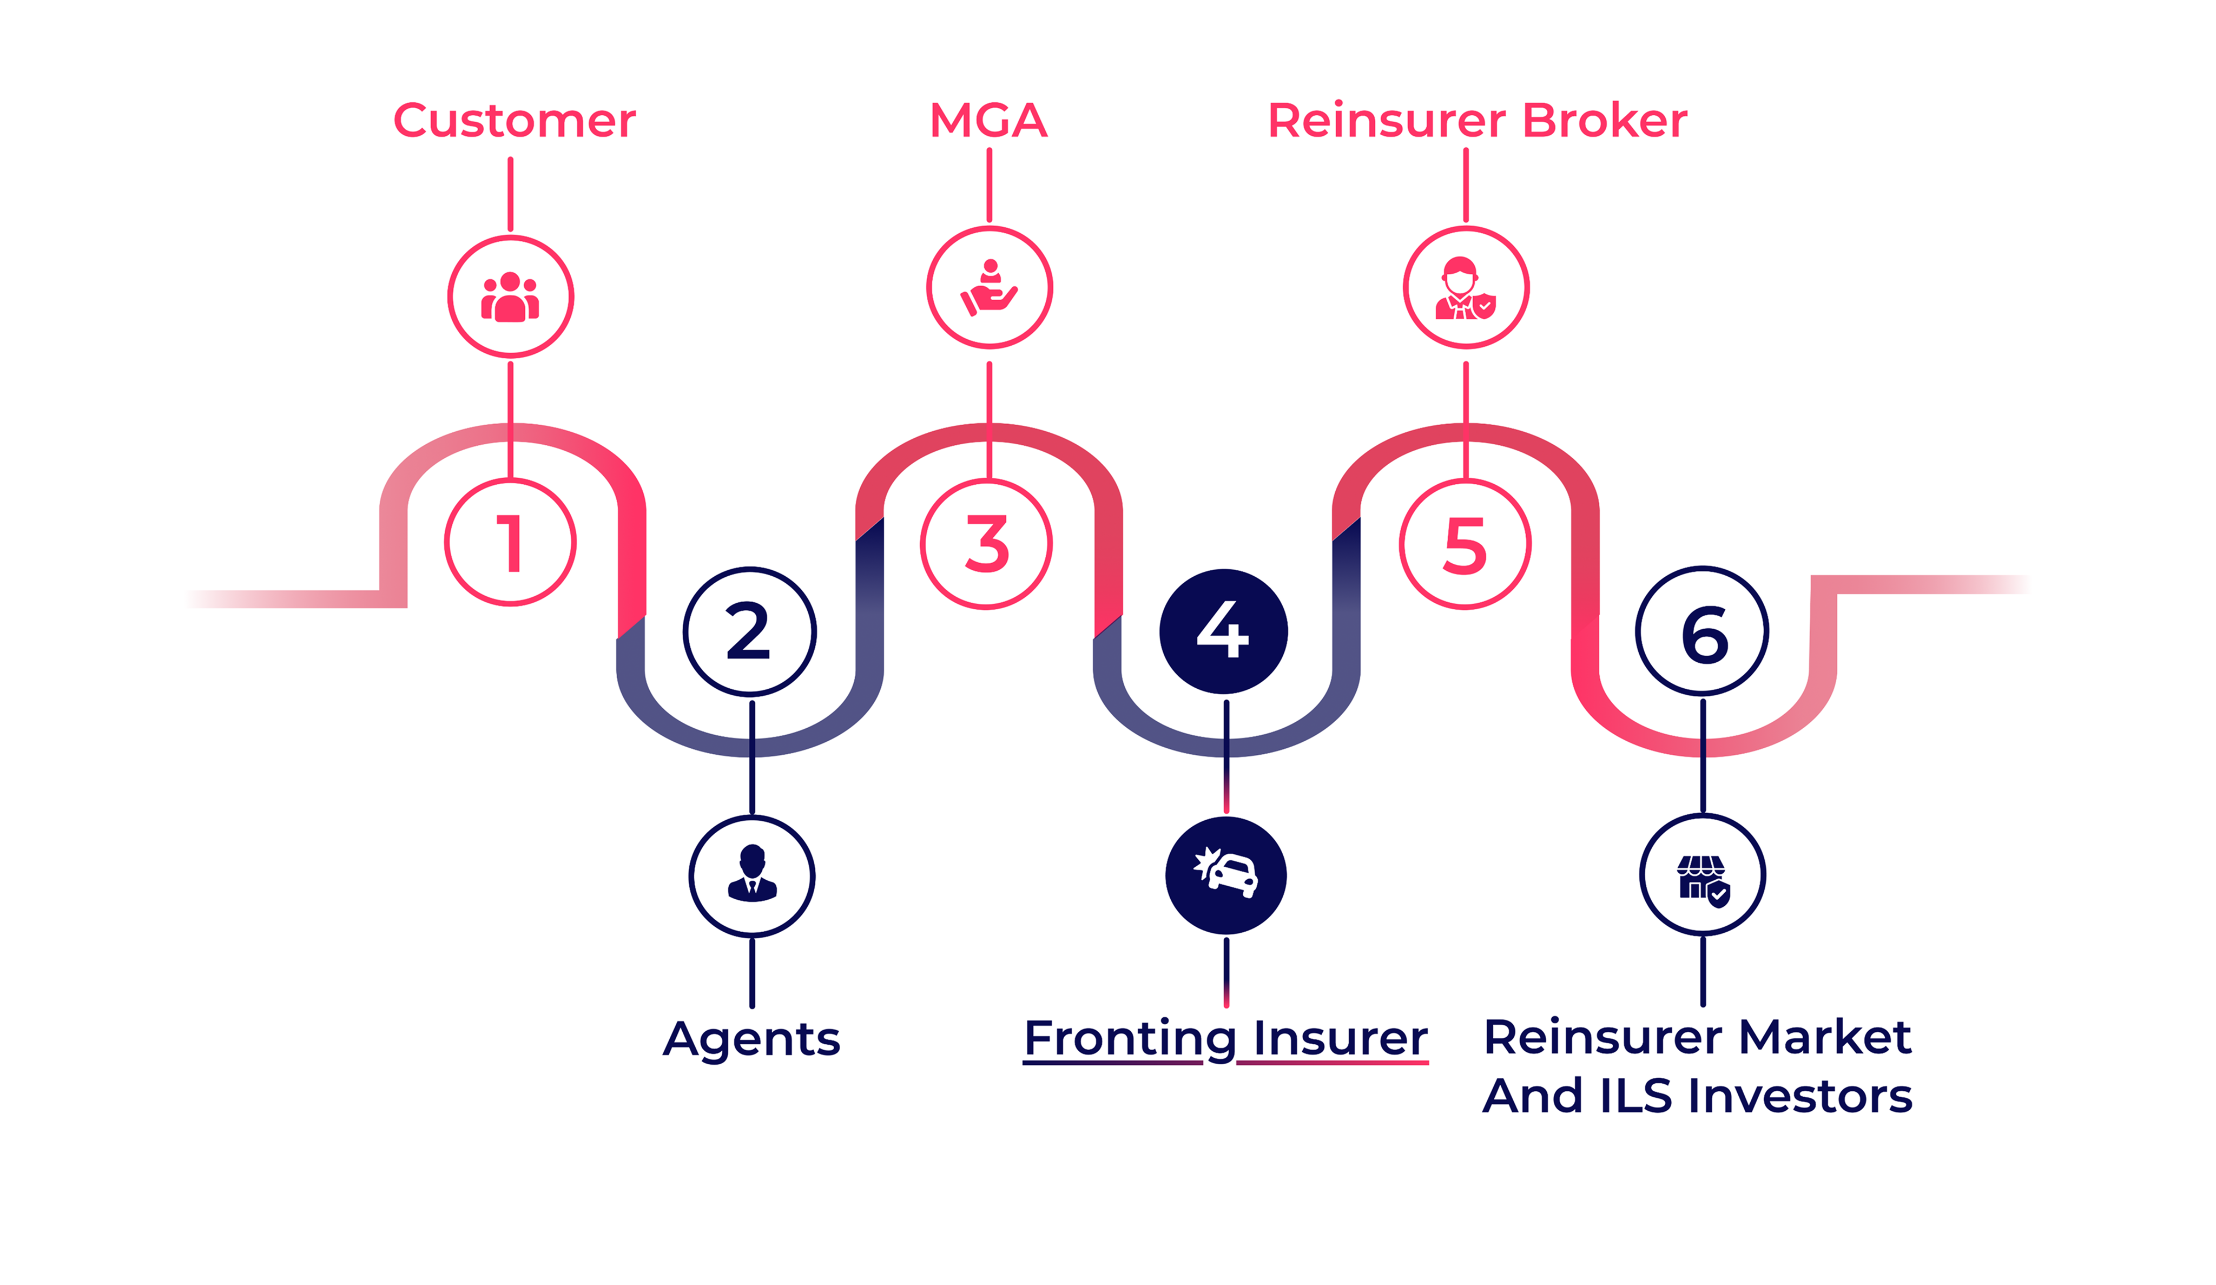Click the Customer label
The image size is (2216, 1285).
pos(515,121)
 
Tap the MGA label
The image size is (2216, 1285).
pos(988,121)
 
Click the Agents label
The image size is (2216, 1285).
pos(752,1039)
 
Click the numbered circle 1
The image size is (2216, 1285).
pos(511,543)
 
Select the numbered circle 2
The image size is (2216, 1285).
pos(750,631)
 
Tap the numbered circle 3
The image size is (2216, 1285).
pos(987,544)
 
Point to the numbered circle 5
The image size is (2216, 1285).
pos(1465,544)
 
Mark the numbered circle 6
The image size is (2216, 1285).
pos(1703,631)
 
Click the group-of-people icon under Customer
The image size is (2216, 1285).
pos(511,297)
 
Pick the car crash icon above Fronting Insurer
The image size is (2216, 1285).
pos(1226,875)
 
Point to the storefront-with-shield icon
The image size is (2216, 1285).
pos(1703,875)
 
